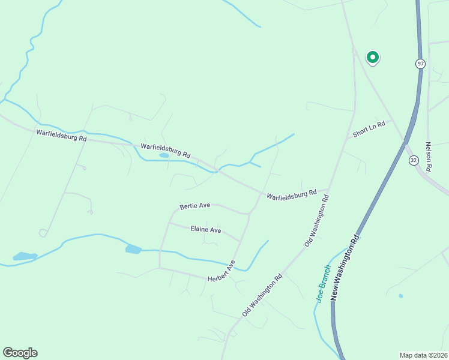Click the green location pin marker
point(373,58)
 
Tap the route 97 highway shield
point(420,64)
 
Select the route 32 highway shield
point(414,160)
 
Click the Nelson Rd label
point(429,157)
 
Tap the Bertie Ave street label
point(195,206)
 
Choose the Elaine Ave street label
point(206,230)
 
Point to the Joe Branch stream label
point(324,283)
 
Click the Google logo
point(20,353)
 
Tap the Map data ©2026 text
point(423,355)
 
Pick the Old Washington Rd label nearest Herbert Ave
point(262,296)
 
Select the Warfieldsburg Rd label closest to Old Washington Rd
point(292,194)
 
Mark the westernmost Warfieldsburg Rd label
point(61,135)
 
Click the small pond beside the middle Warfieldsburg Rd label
point(164,156)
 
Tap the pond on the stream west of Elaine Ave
point(133,249)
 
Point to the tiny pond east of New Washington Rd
point(400,296)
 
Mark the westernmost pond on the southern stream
point(25,257)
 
